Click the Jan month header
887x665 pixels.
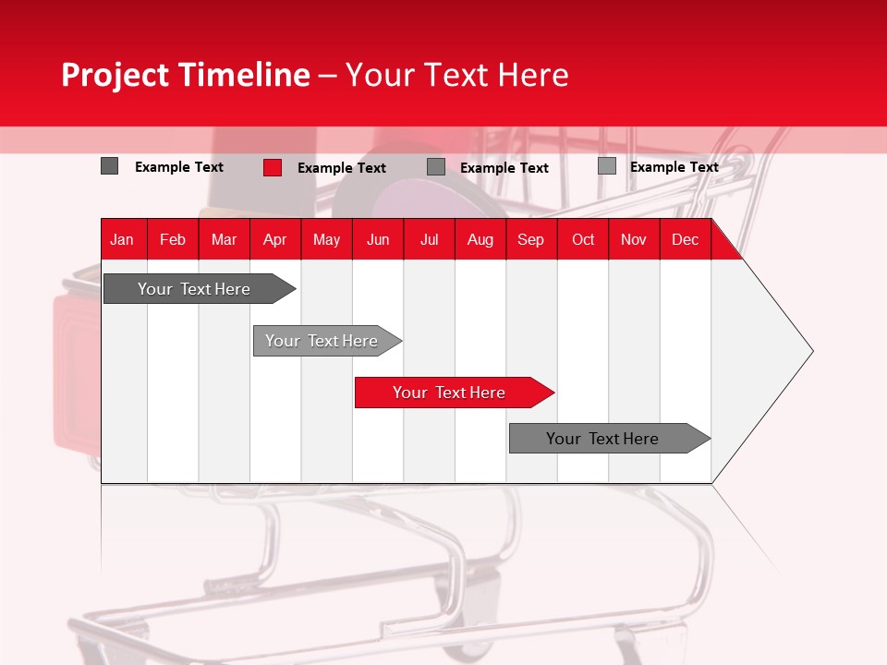[x=122, y=239]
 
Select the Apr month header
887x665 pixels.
[x=274, y=239]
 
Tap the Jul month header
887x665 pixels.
[x=429, y=239]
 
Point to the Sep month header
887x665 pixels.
[x=530, y=239]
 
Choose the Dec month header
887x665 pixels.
[x=685, y=239]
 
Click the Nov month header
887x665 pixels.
[x=633, y=239]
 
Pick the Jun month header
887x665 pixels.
[x=377, y=239]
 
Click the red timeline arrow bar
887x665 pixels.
[x=453, y=393]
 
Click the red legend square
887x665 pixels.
[x=272, y=167]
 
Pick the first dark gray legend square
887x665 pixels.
[x=109, y=166]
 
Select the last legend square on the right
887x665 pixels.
[x=606, y=166]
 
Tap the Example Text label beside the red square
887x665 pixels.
[x=342, y=168]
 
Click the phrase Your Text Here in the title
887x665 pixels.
[x=457, y=75]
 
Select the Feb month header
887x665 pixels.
[x=172, y=239]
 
